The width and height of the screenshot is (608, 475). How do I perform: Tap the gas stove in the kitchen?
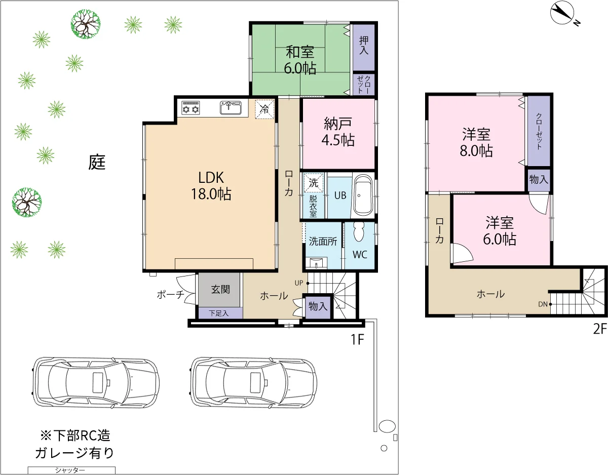pyautogui.click(x=191, y=108)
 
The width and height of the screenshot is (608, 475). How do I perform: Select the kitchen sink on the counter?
pyautogui.click(x=231, y=108)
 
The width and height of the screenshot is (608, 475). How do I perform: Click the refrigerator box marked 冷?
pyautogui.click(x=264, y=109)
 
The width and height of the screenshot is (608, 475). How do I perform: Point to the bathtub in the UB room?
pyautogui.click(x=363, y=195)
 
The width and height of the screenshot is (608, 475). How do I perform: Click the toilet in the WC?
pyautogui.click(x=359, y=232)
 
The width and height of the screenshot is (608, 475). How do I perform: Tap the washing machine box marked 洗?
pyautogui.click(x=313, y=183)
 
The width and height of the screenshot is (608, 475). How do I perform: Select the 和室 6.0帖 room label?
pyautogui.click(x=300, y=60)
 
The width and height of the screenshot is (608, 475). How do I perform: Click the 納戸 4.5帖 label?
pyautogui.click(x=338, y=132)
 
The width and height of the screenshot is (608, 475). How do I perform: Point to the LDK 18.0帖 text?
pyautogui.click(x=211, y=186)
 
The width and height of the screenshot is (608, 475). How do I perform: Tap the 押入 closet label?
pyautogui.click(x=364, y=45)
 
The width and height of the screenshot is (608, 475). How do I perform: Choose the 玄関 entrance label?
pyautogui.click(x=220, y=289)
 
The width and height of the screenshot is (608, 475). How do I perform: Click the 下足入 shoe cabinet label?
pyautogui.click(x=219, y=313)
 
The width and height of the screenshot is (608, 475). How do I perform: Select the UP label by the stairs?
pyautogui.click(x=299, y=283)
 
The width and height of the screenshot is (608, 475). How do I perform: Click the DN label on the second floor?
pyautogui.click(x=543, y=304)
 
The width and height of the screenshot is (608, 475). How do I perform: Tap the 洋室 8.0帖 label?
pyautogui.click(x=476, y=143)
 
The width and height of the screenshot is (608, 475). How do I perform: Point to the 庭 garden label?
pyautogui.click(x=97, y=162)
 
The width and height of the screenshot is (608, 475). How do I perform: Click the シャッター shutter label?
pyautogui.click(x=70, y=470)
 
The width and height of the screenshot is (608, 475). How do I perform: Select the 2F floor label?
pyautogui.click(x=600, y=329)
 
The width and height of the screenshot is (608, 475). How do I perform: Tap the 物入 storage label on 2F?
pyautogui.click(x=539, y=179)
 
